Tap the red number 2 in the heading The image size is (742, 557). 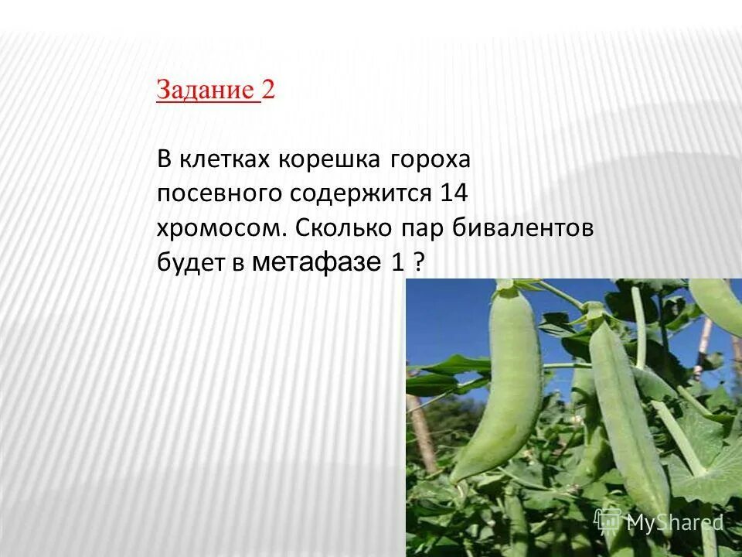[x=268, y=91]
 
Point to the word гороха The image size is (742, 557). [x=431, y=161]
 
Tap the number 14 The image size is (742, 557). [x=454, y=193]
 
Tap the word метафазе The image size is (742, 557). [x=317, y=263]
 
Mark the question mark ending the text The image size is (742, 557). [x=420, y=263]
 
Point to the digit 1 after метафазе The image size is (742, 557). [x=397, y=263]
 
